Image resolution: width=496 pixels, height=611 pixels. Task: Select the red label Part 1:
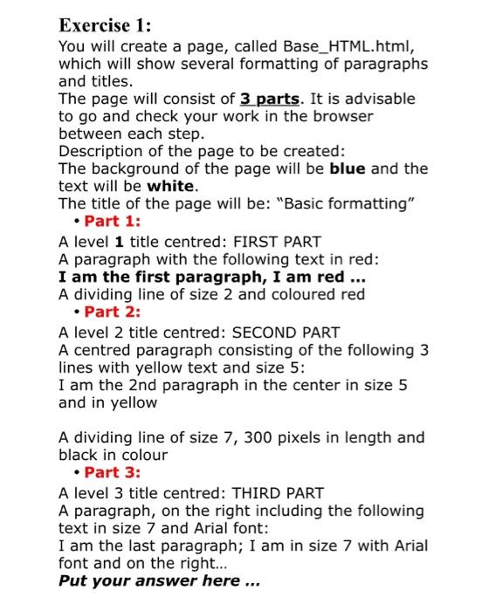pos(113,222)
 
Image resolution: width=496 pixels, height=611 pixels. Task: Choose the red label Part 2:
pos(113,312)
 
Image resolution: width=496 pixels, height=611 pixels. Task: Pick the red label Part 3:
pos(113,473)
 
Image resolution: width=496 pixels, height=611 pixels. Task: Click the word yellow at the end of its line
pos(134,403)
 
